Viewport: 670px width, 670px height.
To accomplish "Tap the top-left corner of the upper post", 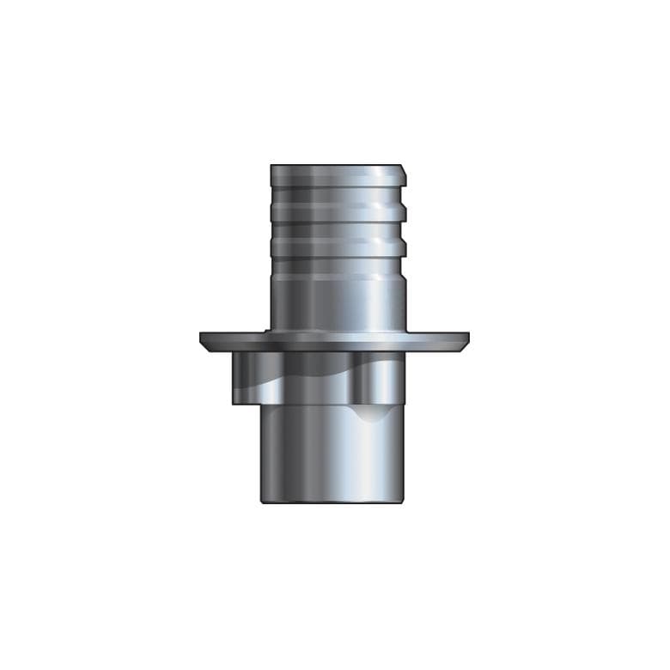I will pos(271,166).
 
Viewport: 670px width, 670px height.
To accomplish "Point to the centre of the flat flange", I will pos(335,340).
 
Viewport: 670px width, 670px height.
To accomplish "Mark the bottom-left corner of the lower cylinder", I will pos(263,502).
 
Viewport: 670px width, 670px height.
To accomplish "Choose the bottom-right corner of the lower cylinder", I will pos(404,502).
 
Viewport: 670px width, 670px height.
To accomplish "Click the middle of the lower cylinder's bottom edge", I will pos(333,502).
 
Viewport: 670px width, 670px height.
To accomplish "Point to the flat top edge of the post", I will pos(336,166).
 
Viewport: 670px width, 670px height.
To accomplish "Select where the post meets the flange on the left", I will pos(271,331).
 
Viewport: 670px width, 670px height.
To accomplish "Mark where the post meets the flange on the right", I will pos(404,331).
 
